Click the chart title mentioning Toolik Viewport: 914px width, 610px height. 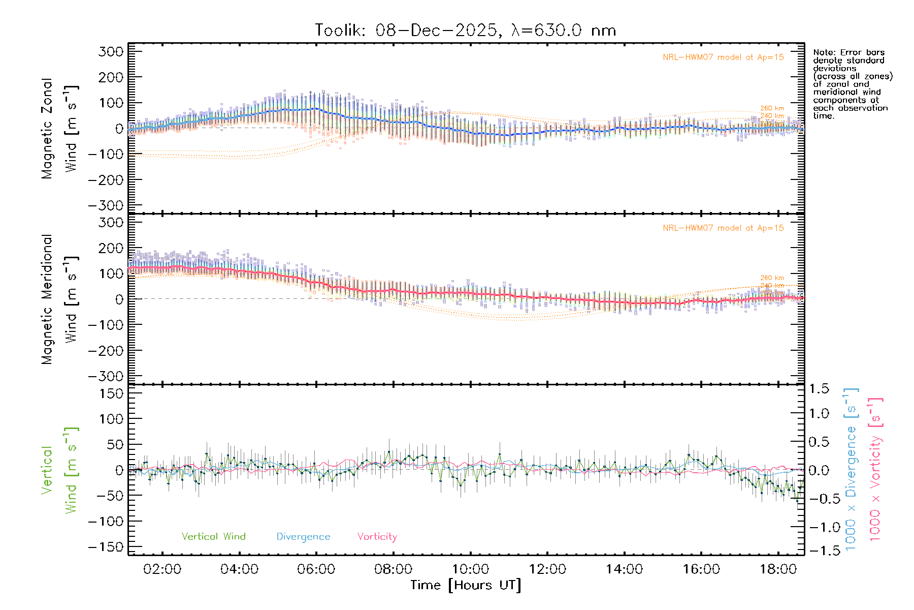(465, 30)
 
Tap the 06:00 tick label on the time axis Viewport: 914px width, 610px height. (316, 569)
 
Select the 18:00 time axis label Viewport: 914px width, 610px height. (778, 569)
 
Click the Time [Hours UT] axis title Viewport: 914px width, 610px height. (466, 586)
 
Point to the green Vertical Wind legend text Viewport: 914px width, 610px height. (213, 537)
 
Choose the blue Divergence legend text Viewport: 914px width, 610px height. (303, 537)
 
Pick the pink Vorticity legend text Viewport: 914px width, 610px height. (377, 537)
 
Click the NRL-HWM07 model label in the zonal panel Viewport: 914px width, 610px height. (723, 57)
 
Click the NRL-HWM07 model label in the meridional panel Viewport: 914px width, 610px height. (723, 228)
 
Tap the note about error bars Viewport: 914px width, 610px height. (852, 84)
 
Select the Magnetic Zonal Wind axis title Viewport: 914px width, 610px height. (60, 129)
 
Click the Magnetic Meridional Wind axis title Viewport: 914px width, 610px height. (60, 299)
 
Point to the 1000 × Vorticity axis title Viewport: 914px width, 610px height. (875, 469)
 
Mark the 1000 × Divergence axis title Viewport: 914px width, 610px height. (851, 469)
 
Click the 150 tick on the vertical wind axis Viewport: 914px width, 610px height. (112, 393)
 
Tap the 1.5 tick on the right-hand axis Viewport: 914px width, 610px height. (819, 389)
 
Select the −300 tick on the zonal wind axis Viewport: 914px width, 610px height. (106, 205)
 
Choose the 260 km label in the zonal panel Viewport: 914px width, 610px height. (772, 108)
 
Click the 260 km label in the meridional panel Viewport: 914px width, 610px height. (772, 278)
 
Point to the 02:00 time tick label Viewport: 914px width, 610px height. (162, 569)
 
